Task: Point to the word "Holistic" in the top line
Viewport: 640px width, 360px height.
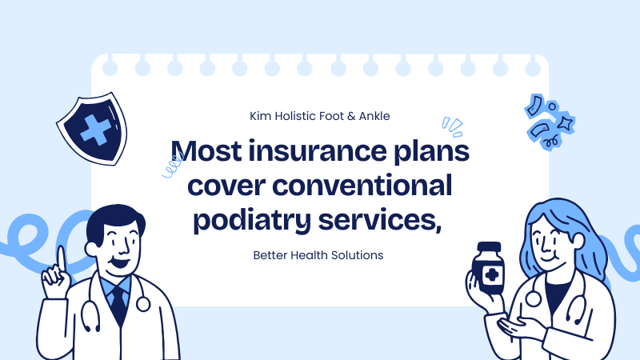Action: (x=302, y=116)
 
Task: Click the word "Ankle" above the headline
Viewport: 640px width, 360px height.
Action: (x=374, y=116)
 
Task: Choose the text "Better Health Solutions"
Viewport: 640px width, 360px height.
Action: (x=318, y=255)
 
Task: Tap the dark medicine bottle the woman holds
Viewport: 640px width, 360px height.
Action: (x=487, y=272)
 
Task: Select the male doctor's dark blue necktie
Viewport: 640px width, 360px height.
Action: (x=118, y=305)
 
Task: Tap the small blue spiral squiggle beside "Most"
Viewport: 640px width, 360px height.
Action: (x=170, y=168)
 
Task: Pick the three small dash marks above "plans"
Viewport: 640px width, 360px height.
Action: (x=452, y=124)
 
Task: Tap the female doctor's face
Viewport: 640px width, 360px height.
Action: (x=550, y=237)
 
